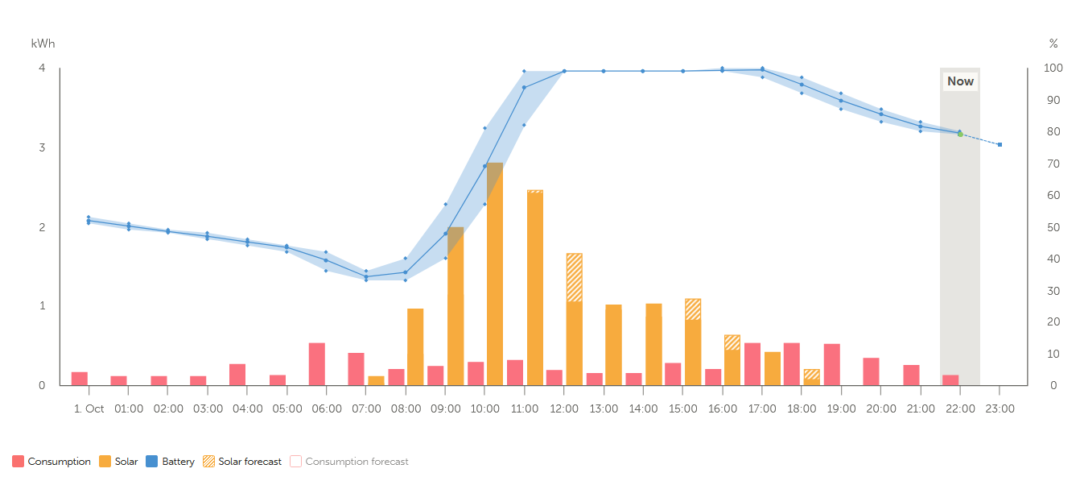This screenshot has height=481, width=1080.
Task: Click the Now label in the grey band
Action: pos(960,81)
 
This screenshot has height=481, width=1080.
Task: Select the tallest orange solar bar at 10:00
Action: pos(495,274)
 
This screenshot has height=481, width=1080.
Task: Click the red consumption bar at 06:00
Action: pos(317,364)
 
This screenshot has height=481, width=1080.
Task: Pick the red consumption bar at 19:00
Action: pos(832,364)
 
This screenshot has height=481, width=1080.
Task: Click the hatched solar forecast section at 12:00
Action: pos(574,277)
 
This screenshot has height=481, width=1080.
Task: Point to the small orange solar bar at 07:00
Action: pos(376,380)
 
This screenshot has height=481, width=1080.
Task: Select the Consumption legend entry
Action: pos(52,462)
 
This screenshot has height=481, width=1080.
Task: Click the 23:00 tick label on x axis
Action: pos(1000,408)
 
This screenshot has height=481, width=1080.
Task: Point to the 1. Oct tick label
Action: pos(89,408)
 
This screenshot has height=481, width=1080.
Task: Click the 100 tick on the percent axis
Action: pos(1052,68)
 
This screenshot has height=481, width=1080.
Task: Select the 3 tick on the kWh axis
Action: pos(42,147)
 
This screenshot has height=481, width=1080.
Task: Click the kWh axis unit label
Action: pos(43,44)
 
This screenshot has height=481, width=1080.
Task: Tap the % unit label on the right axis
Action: pos(1053,44)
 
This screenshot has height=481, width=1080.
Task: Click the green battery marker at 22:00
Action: pos(960,133)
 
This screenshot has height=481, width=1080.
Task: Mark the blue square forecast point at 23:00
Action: pos(1000,145)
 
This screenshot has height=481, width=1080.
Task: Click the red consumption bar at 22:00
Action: pos(950,379)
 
